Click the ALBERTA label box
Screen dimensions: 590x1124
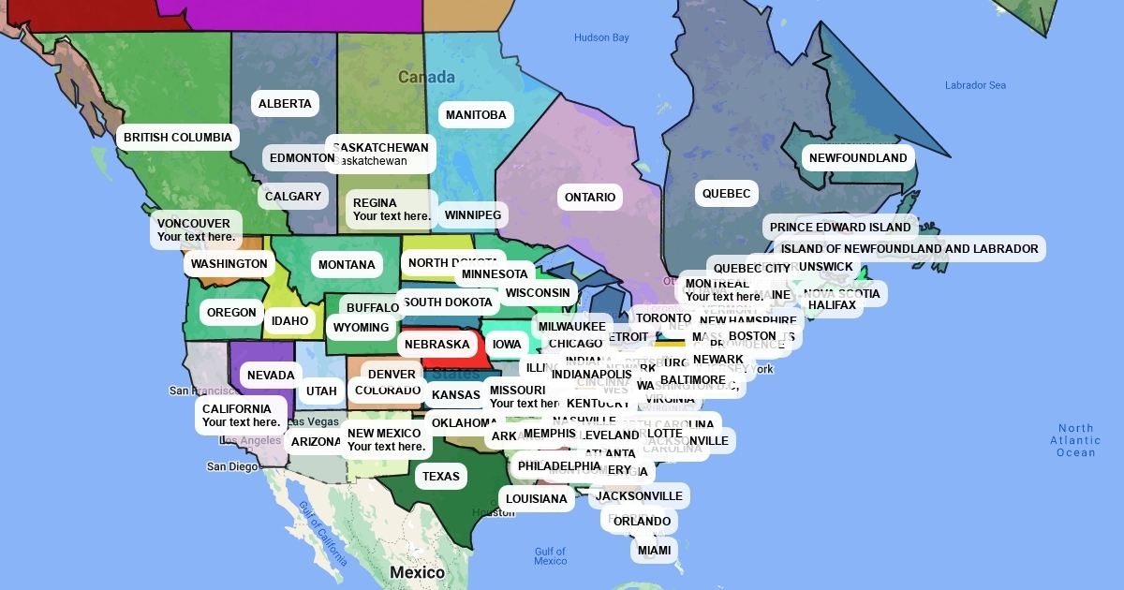click(285, 104)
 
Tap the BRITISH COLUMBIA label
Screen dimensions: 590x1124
click(178, 138)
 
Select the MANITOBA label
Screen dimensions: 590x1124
click(476, 115)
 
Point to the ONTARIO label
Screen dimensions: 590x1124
click(590, 198)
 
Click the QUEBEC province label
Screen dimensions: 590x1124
click(727, 194)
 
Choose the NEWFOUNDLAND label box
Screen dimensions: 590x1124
click(858, 158)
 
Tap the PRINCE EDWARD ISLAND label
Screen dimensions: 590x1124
click(840, 228)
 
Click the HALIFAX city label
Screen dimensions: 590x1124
click(832, 305)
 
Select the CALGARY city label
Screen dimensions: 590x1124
click(293, 197)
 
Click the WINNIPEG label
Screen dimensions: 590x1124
click(473, 215)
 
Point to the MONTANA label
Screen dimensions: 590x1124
click(347, 265)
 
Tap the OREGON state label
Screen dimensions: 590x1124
click(231, 313)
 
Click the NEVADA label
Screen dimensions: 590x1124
click(272, 376)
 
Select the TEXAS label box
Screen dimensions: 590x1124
click(441, 477)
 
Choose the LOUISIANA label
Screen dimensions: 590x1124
click(537, 499)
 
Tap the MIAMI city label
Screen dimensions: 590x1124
click(655, 551)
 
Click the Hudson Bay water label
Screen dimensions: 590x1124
click(601, 38)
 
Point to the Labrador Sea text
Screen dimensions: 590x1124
click(975, 85)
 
